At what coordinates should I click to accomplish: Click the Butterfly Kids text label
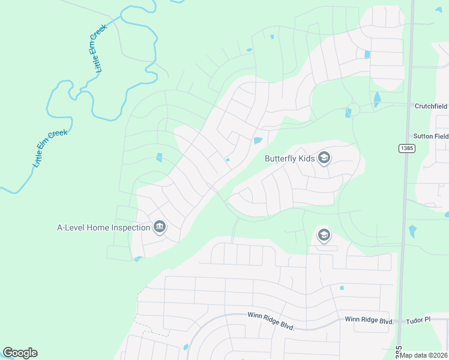[289, 159]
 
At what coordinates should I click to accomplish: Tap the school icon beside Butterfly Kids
[324, 158]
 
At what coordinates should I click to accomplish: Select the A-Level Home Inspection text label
[103, 227]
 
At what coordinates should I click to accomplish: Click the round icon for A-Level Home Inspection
[160, 227]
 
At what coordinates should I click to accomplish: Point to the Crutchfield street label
[431, 106]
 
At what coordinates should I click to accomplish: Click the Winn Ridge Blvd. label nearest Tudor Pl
[369, 320]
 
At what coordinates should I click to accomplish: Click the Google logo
[20, 353]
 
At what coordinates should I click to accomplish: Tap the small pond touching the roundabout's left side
[348, 113]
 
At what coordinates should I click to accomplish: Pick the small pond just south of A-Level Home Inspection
[138, 259]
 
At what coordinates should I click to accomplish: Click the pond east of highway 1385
[412, 231]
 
